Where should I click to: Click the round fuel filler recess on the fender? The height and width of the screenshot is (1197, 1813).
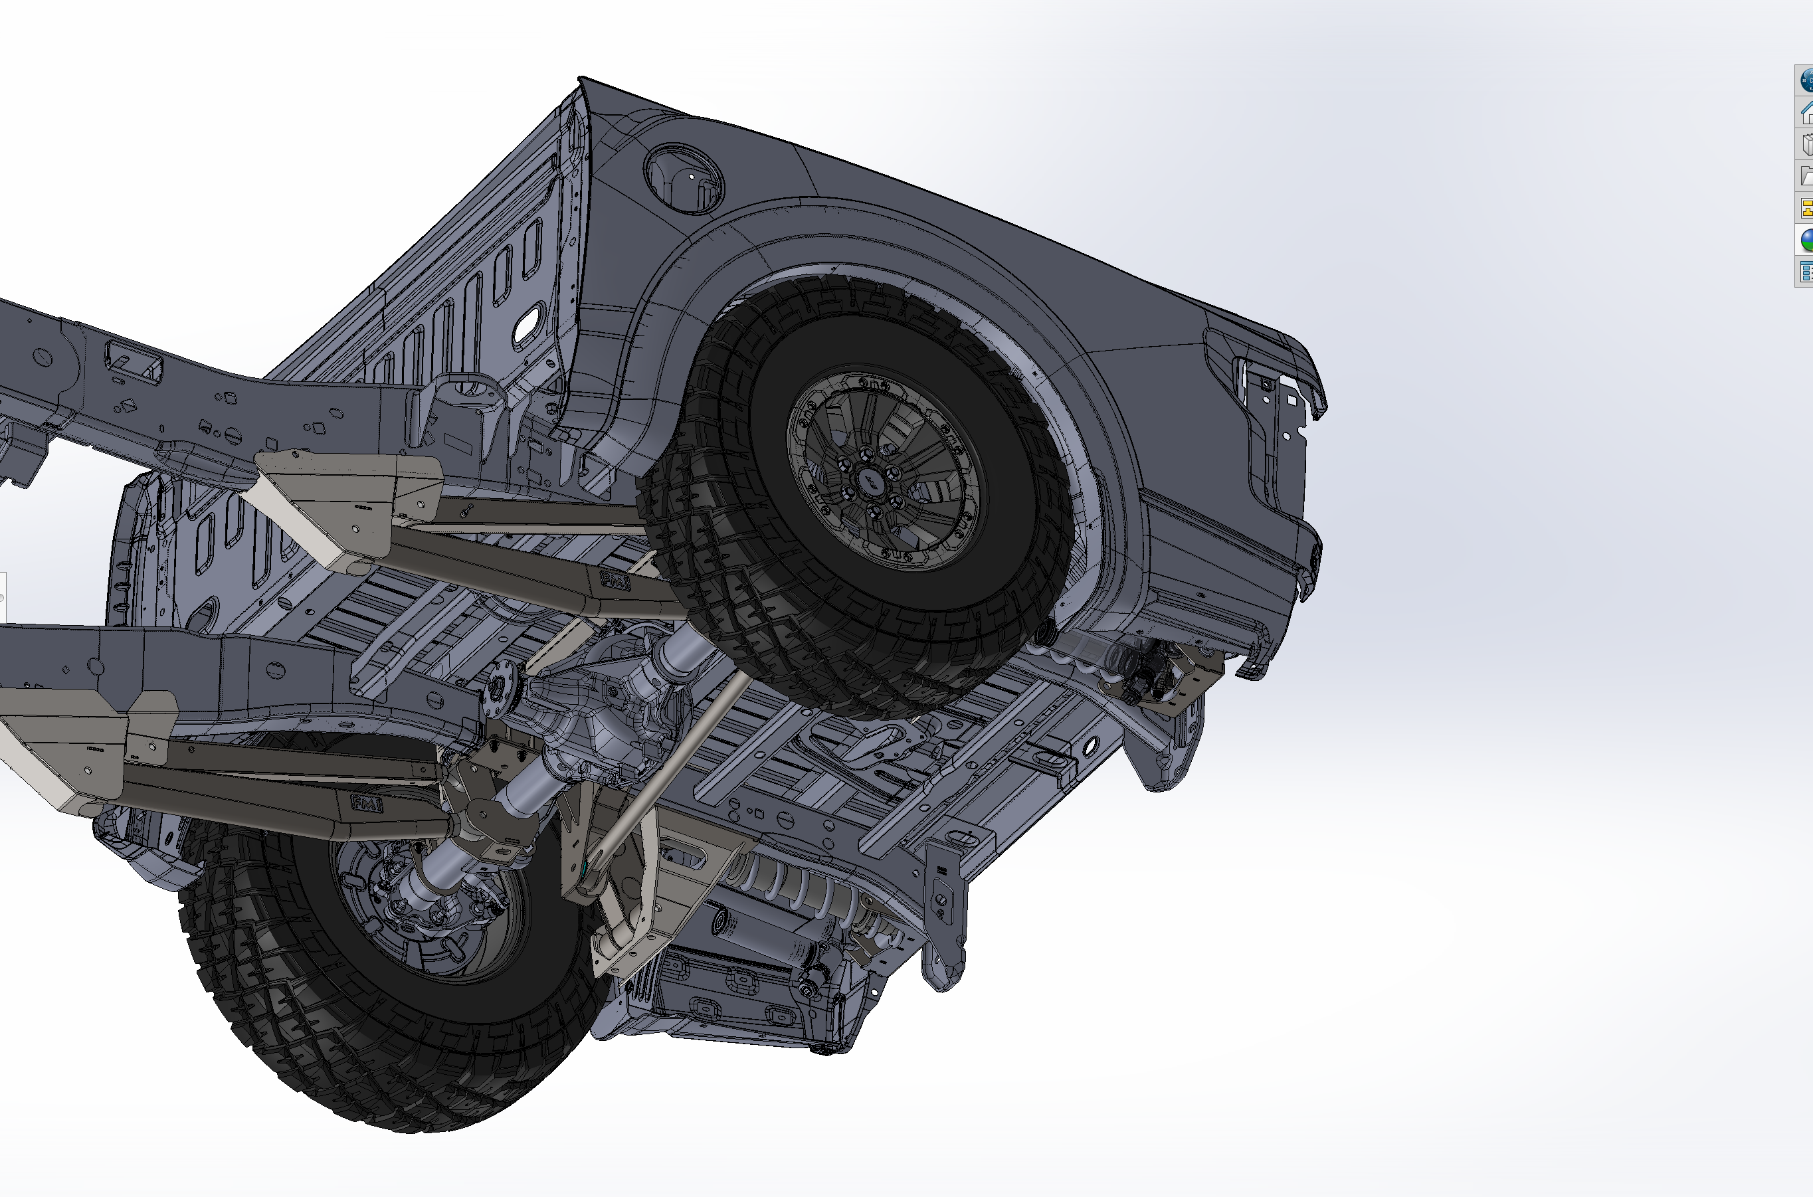pyautogui.click(x=683, y=177)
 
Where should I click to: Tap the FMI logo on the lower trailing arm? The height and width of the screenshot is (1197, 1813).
pyautogui.click(x=367, y=803)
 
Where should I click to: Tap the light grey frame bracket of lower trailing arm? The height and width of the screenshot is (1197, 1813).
pyautogui.click(x=68, y=748)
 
